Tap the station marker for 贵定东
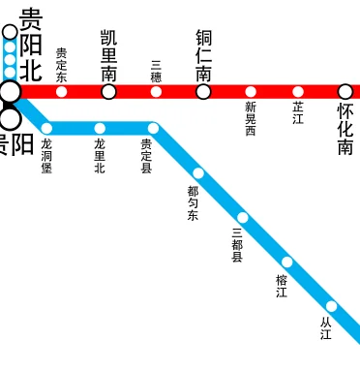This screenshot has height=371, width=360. point(62,92)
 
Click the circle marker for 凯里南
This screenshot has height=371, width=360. point(109,92)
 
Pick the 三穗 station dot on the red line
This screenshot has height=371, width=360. point(156,92)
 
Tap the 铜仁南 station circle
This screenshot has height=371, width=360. point(203,92)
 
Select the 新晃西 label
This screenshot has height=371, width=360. point(251,118)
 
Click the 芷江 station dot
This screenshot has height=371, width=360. point(298,92)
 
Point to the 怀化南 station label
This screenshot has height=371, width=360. point(345,131)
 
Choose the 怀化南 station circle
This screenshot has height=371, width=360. point(345,92)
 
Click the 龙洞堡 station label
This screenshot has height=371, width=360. point(46,156)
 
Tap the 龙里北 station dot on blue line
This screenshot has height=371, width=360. point(100,128)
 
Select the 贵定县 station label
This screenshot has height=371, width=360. point(147,156)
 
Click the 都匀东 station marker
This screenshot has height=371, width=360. point(198,173)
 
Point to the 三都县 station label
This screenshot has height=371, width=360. point(237,245)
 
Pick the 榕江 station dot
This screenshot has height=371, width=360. point(286,263)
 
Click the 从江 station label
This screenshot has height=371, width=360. point(326,327)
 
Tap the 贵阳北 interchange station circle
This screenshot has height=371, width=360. point(10,92)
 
